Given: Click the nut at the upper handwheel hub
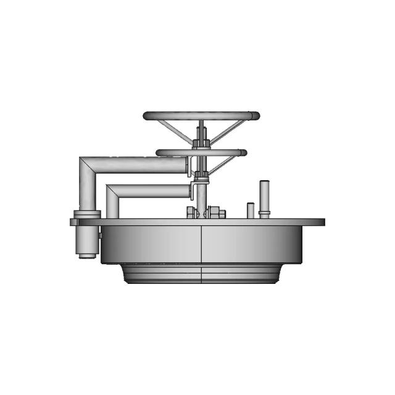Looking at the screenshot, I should (201, 144).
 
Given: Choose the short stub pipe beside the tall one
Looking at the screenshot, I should (251, 210).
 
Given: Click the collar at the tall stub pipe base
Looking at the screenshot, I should (265, 214).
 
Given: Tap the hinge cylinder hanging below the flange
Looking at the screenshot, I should (87, 242).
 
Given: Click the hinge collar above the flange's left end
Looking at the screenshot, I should (87, 213).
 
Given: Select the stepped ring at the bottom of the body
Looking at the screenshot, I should (201, 273).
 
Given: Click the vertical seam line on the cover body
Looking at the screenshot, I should (202, 247).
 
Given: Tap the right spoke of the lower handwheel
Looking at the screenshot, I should (222, 164).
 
